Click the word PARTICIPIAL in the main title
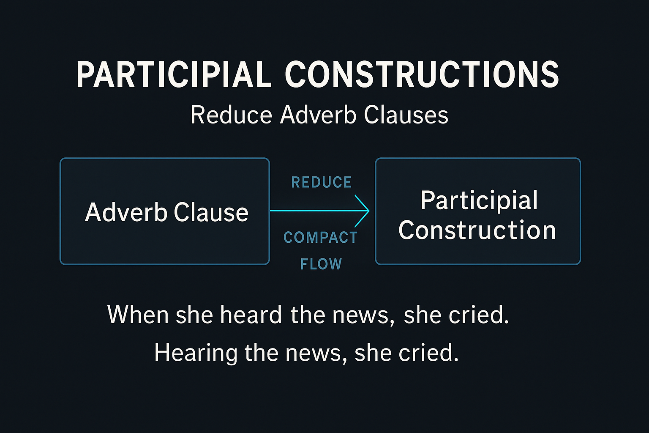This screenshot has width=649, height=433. pos(173,74)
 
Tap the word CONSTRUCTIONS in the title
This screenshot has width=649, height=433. pos(422,74)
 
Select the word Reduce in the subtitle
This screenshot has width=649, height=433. pos(231,115)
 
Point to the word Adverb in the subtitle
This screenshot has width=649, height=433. pos(318,115)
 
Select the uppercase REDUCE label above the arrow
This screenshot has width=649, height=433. pos(322,182)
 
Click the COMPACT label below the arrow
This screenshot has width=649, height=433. pos(321,238)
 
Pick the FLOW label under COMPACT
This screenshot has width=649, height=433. pos(321,264)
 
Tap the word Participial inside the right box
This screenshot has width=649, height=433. pos(479,200)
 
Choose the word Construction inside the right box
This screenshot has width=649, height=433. pos(477,230)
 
